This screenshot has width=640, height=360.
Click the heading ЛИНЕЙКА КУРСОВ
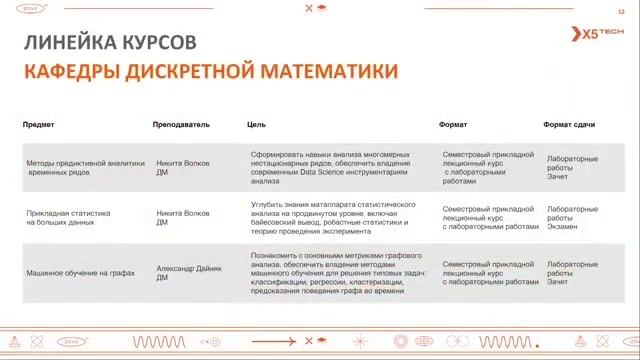point(109,43)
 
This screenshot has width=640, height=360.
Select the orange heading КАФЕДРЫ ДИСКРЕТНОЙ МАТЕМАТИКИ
point(210,71)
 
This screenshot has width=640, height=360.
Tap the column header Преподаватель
point(181,125)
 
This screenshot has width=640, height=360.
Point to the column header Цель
point(256,125)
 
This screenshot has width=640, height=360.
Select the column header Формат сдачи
point(569,125)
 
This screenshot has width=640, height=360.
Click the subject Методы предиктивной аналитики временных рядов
point(85,167)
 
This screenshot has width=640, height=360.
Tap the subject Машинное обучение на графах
point(80,273)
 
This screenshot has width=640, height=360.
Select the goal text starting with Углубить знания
point(331,217)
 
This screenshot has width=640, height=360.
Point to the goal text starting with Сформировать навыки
point(330,167)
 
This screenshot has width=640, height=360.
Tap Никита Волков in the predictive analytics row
point(183,162)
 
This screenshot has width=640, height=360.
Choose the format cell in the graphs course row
point(489,273)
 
